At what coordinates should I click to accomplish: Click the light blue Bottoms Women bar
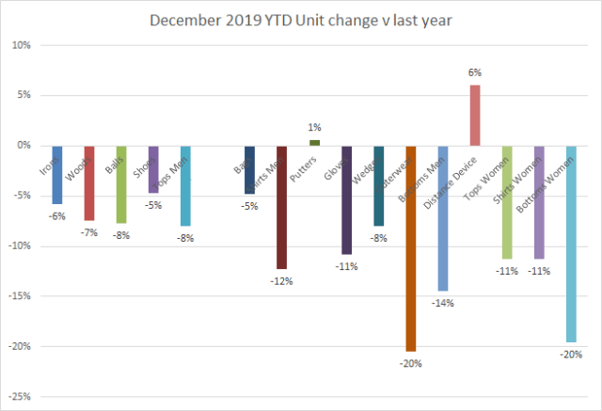tap(571, 244)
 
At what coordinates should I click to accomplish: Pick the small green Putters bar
tap(314, 143)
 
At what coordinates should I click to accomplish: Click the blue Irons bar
tap(57, 175)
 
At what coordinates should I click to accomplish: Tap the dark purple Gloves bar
tap(346, 199)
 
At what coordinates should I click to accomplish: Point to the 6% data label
tap(475, 71)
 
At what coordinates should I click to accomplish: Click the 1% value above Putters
tap(314, 126)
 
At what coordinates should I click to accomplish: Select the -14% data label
tap(442, 303)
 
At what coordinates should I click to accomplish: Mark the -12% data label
tap(281, 280)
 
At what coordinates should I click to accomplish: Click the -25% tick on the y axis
tap(22, 396)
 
